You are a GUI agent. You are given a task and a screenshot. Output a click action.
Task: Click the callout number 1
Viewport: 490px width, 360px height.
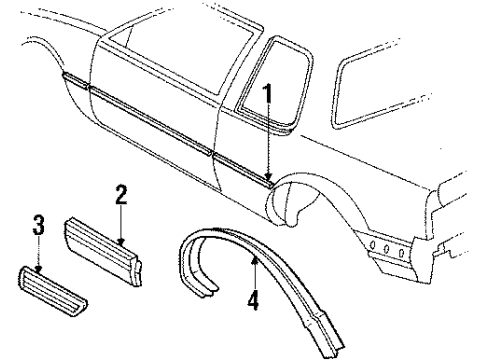pyautogui.click(x=268, y=98)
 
